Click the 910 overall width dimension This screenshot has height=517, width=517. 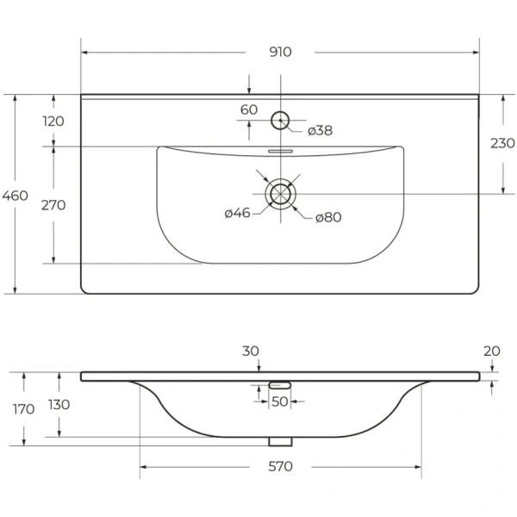[280, 52]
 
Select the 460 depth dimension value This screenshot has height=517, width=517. [15, 196]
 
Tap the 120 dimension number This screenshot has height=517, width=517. [53, 121]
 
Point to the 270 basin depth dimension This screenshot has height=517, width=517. [53, 205]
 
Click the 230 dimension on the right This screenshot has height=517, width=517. [502, 143]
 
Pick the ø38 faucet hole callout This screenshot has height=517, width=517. [321, 131]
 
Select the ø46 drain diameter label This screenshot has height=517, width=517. [238, 213]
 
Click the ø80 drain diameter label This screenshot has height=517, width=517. [328, 217]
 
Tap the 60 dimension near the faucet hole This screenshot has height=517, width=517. [249, 109]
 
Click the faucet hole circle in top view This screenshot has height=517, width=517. [280, 112]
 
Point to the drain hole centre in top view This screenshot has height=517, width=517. [280, 194]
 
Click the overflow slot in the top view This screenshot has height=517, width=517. [280, 152]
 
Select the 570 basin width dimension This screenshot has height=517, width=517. [280, 466]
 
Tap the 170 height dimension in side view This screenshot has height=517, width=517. [24, 409]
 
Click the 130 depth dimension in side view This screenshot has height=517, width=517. [59, 405]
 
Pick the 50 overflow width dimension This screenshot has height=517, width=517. [279, 402]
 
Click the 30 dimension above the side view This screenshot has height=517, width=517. [251, 352]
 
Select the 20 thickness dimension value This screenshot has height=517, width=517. [492, 352]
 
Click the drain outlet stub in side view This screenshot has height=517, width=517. [280, 442]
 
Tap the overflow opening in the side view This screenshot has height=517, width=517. [279, 385]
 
